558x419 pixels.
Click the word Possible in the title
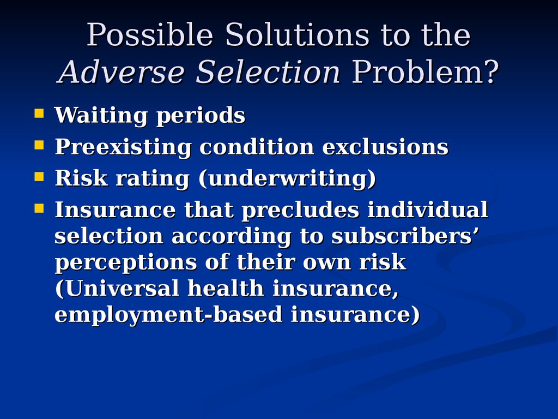(150, 34)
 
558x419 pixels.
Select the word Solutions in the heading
(298, 34)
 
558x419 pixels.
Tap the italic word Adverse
(121, 72)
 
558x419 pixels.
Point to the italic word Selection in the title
(268, 72)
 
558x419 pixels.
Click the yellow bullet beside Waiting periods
(39, 113)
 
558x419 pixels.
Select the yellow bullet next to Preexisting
(39, 145)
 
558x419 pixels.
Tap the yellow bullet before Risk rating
(39, 177)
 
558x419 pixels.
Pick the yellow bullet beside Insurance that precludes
(39, 208)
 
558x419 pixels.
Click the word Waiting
(101, 116)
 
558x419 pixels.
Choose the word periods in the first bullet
(201, 116)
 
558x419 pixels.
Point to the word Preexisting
(123, 147)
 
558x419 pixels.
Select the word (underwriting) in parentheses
(287, 178)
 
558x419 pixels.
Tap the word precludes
(300, 210)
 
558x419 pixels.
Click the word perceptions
(126, 262)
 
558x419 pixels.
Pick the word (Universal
(117, 288)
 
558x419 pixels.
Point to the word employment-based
(169, 315)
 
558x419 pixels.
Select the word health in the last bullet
(226, 288)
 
